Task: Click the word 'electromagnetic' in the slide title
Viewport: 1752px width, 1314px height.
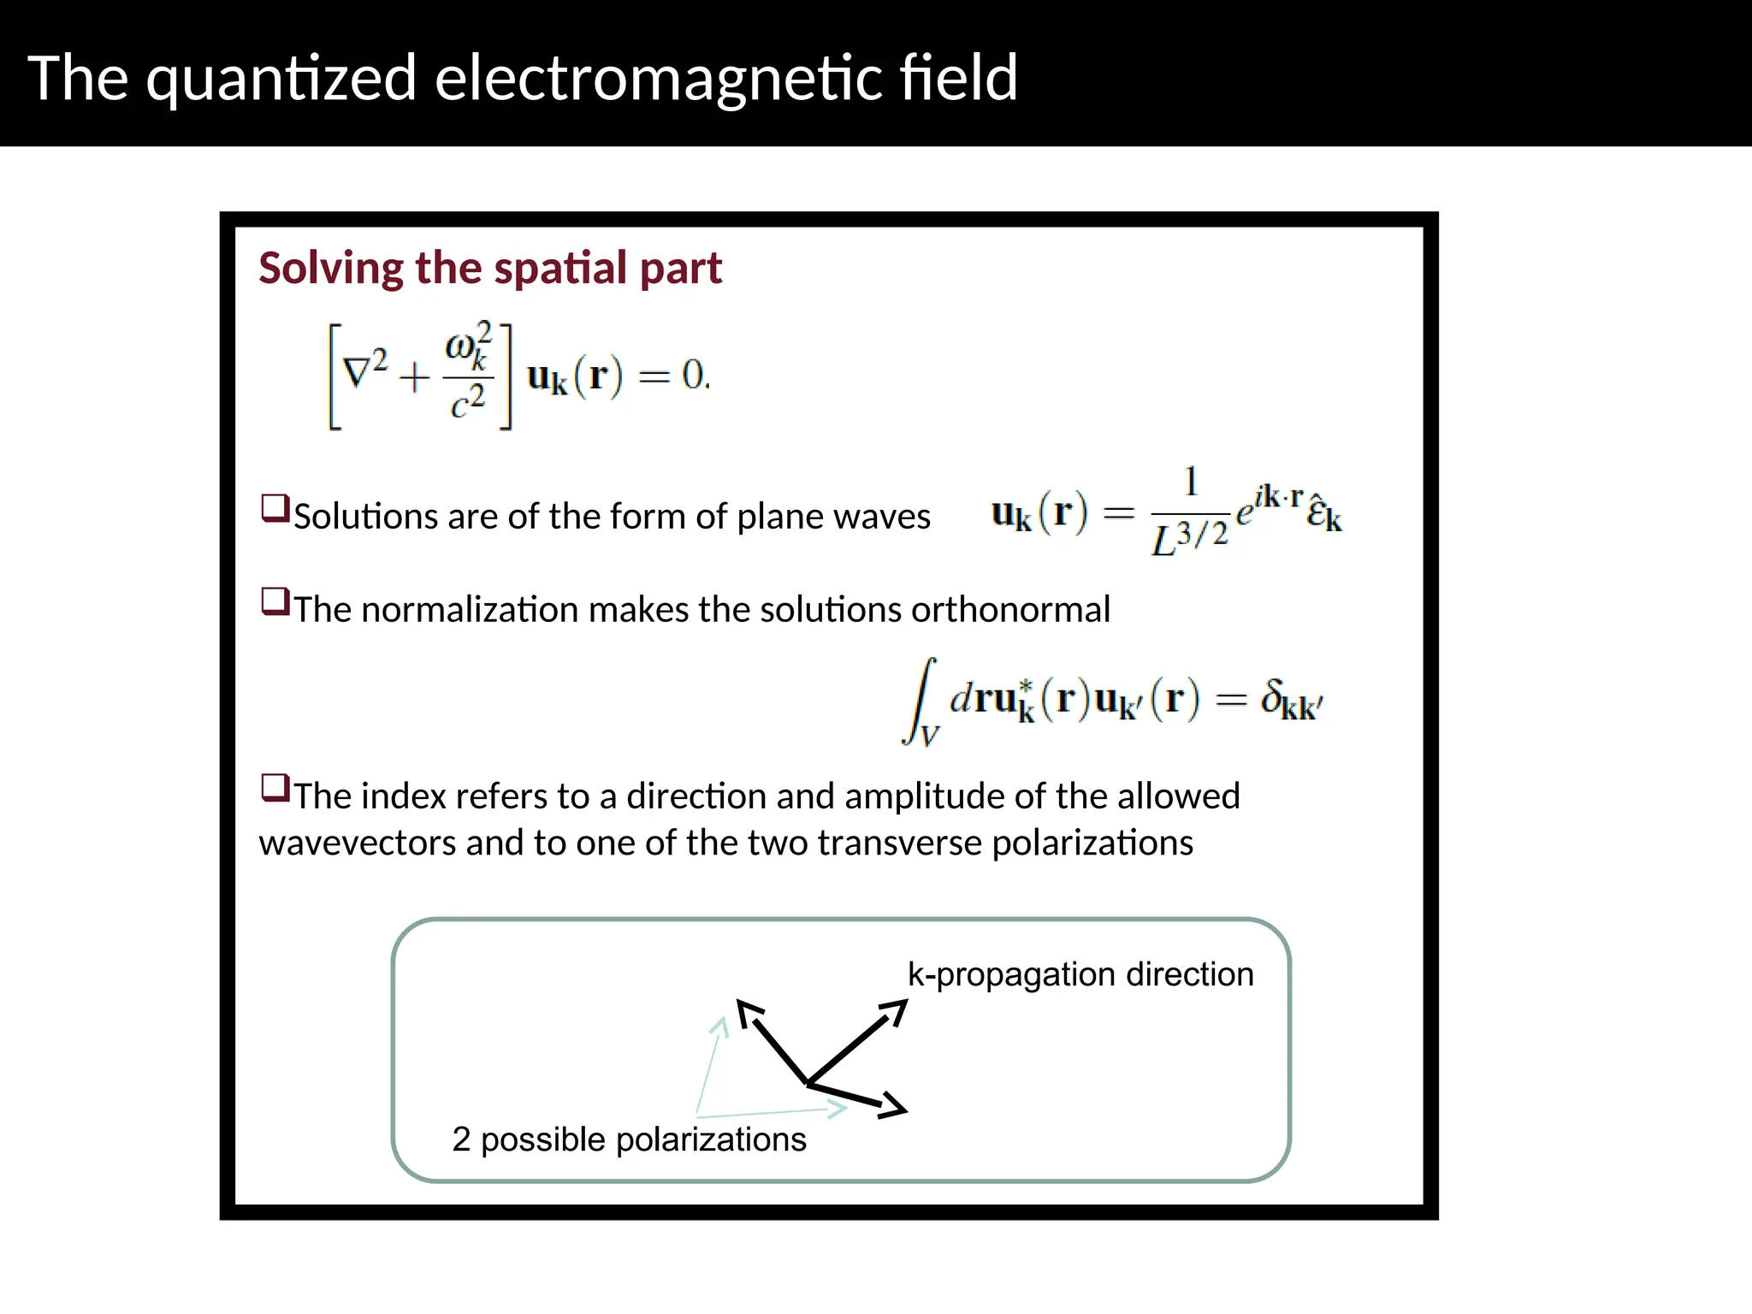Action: [x=658, y=78]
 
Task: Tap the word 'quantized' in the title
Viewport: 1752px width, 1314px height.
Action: [x=281, y=80]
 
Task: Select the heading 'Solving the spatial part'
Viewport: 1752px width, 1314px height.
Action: [x=490, y=268]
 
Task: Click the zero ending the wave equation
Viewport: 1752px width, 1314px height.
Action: [x=694, y=375]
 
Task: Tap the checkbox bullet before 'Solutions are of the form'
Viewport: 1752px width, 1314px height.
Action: [x=275, y=508]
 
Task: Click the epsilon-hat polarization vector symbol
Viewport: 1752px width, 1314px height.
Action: [x=1324, y=513]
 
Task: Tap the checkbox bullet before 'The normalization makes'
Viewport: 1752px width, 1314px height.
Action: [x=275, y=601]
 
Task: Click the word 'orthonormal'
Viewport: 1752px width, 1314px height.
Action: [x=1010, y=610]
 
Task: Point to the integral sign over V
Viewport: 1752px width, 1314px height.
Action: [x=920, y=701]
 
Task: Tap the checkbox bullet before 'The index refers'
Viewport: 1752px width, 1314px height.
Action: [x=275, y=787]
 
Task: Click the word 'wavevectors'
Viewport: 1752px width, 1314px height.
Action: [x=357, y=843]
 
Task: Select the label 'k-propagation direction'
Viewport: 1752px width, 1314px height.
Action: [x=1080, y=974]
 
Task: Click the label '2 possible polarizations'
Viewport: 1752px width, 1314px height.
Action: [x=629, y=1139]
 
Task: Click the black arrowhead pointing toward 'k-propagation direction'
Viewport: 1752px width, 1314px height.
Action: [x=895, y=1011]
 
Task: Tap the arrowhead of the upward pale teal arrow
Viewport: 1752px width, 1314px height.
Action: [x=721, y=1026]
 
